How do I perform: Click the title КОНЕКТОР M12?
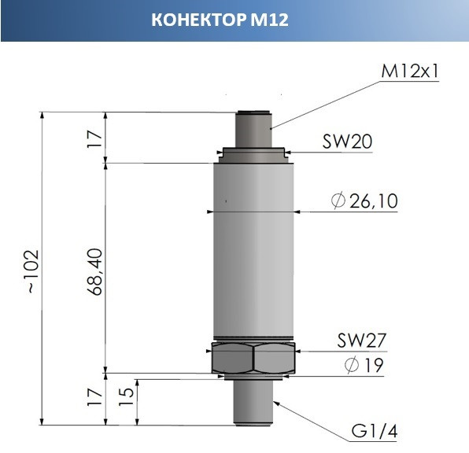(x=220, y=20)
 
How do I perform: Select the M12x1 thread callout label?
(x=410, y=71)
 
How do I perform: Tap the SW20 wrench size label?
(x=347, y=142)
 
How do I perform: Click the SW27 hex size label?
(x=362, y=340)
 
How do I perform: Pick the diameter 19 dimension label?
(x=364, y=365)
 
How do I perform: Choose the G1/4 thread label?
(x=375, y=431)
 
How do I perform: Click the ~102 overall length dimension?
(x=33, y=271)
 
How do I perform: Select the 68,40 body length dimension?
(x=96, y=272)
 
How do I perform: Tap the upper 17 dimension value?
(x=94, y=139)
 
